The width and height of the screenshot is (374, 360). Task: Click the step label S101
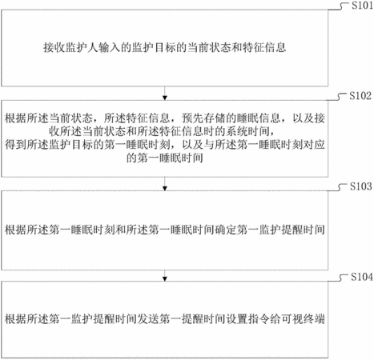[x=362, y=6]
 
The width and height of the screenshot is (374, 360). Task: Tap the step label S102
[x=360, y=96]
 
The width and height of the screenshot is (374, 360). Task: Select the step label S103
[x=361, y=186]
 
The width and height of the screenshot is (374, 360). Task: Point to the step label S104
[x=362, y=277]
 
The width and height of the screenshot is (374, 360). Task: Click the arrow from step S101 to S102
[x=165, y=94]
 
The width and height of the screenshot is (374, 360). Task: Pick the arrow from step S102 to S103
[x=165, y=184]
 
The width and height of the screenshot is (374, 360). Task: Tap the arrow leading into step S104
[x=165, y=276]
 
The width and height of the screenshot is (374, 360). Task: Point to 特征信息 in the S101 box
[x=264, y=48]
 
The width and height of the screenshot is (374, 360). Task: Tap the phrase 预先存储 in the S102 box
[x=203, y=118]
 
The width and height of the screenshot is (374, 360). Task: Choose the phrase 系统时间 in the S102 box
[x=248, y=131]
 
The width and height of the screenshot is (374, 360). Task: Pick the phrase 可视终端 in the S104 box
[x=304, y=319]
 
